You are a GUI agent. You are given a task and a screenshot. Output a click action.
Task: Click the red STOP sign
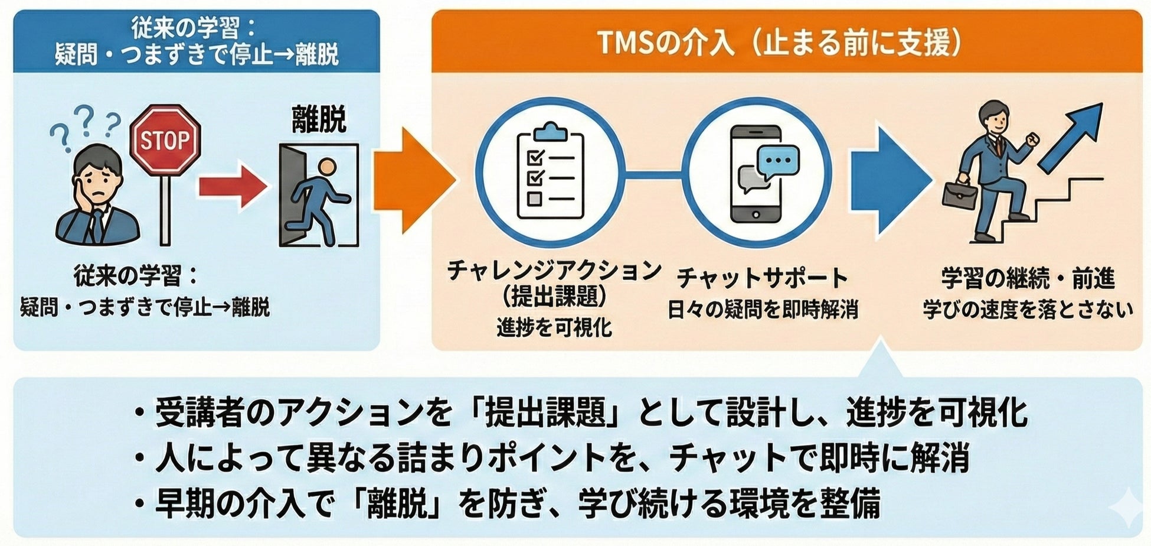(x=165, y=140)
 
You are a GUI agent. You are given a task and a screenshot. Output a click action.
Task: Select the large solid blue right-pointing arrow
(x=888, y=180)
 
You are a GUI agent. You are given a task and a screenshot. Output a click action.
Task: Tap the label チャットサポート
(x=761, y=278)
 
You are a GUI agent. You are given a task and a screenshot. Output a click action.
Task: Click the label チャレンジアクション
(x=554, y=271)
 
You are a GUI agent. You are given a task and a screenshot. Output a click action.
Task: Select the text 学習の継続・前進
(x=1028, y=278)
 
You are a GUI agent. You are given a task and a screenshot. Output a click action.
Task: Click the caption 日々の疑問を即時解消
(x=762, y=310)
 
